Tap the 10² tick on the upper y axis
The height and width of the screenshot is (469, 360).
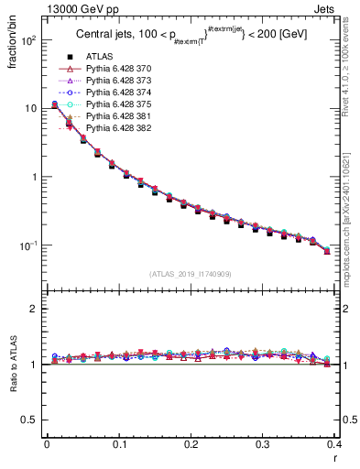(30, 41)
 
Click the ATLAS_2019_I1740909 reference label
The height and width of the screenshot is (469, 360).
(191, 274)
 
